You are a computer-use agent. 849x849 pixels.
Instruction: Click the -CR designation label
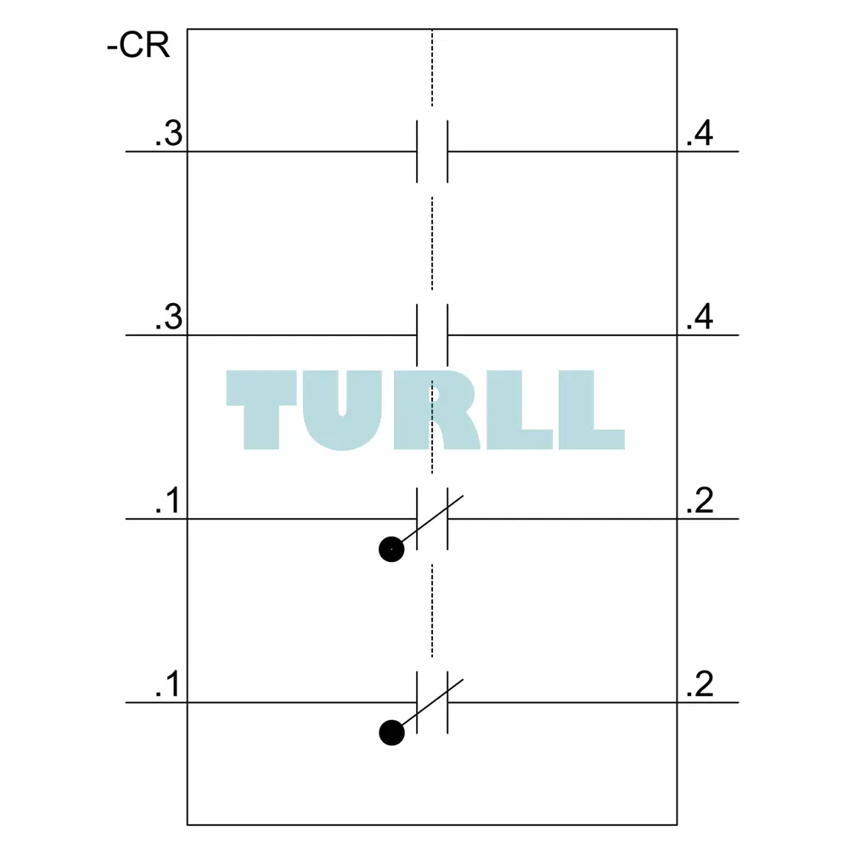tap(138, 45)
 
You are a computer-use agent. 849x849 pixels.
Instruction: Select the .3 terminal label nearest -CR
tap(168, 134)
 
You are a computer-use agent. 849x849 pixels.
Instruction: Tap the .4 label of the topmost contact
tap(700, 134)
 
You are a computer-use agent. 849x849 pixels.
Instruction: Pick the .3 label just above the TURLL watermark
tap(168, 318)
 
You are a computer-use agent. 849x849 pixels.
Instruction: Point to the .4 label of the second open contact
tap(700, 318)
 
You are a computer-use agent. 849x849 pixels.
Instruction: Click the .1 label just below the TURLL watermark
tap(167, 501)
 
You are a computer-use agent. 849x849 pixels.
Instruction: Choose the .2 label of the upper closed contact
tap(700, 501)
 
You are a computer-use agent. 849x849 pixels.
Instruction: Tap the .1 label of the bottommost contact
tap(167, 684)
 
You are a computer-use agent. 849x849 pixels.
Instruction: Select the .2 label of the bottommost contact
tap(700, 684)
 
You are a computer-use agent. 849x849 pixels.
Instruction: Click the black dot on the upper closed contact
tap(391, 549)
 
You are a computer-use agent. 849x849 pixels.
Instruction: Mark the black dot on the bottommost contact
tap(391, 733)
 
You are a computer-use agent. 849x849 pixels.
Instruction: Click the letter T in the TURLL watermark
tap(261, 410)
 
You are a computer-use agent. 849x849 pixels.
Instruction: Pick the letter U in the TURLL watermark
tap(342, 410)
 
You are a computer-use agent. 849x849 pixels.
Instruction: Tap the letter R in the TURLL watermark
tap(436, 410)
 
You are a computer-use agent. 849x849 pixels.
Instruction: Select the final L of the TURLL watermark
tap(592, 410)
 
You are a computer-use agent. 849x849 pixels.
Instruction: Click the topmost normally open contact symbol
tap(432, 152)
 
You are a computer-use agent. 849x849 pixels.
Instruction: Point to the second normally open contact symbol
tap(432, 335)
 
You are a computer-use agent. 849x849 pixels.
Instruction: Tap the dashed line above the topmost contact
tap(432, 68)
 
